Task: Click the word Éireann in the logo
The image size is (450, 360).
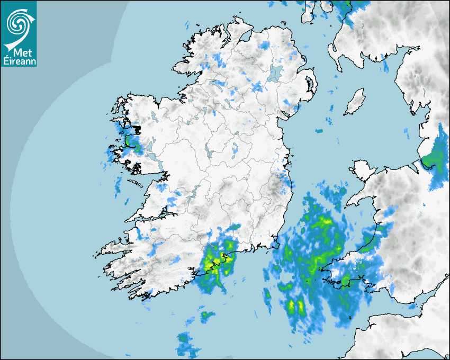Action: [x=19, y=61]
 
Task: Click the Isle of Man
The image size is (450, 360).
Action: [x=355, y=102]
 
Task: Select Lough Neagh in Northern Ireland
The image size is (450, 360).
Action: [x=275, y=73]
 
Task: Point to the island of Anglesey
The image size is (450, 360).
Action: [x=363, y=170]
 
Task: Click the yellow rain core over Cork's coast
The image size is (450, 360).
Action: [x=217, y=260]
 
